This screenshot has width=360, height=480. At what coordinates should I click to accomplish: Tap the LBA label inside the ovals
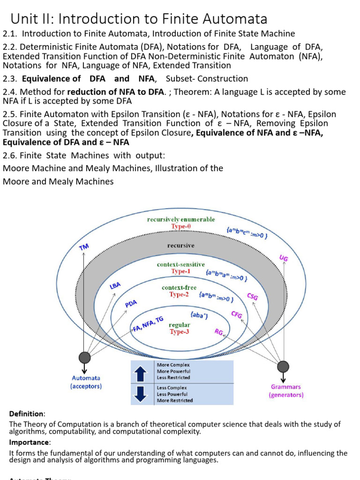(x=115, y=286)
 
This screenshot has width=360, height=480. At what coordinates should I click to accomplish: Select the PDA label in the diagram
(x=131, y=304)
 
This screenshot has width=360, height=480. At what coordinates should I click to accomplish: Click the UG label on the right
(x=284, y=258)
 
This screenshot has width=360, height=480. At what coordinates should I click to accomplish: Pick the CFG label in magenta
(x=237, y=315)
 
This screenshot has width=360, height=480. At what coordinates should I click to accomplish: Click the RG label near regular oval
(x=218, y=332)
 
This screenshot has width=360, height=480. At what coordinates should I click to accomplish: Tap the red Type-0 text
(x=181, y=226)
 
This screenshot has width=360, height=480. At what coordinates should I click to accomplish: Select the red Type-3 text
(x=180, y=331)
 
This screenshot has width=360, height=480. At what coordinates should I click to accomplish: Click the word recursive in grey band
(x=181, y=245)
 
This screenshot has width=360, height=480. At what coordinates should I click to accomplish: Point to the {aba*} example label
(x=199, y=315)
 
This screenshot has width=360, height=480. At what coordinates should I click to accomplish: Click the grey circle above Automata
(x=85, y=358)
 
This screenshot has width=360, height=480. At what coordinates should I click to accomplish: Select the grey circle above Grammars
(x=283, y=367)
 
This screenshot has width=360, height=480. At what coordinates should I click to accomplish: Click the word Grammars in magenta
(x=286, y=387)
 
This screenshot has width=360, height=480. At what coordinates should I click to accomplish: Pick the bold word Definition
(x=27, y=414)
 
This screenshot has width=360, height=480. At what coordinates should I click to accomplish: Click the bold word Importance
(x=28, y=442)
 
